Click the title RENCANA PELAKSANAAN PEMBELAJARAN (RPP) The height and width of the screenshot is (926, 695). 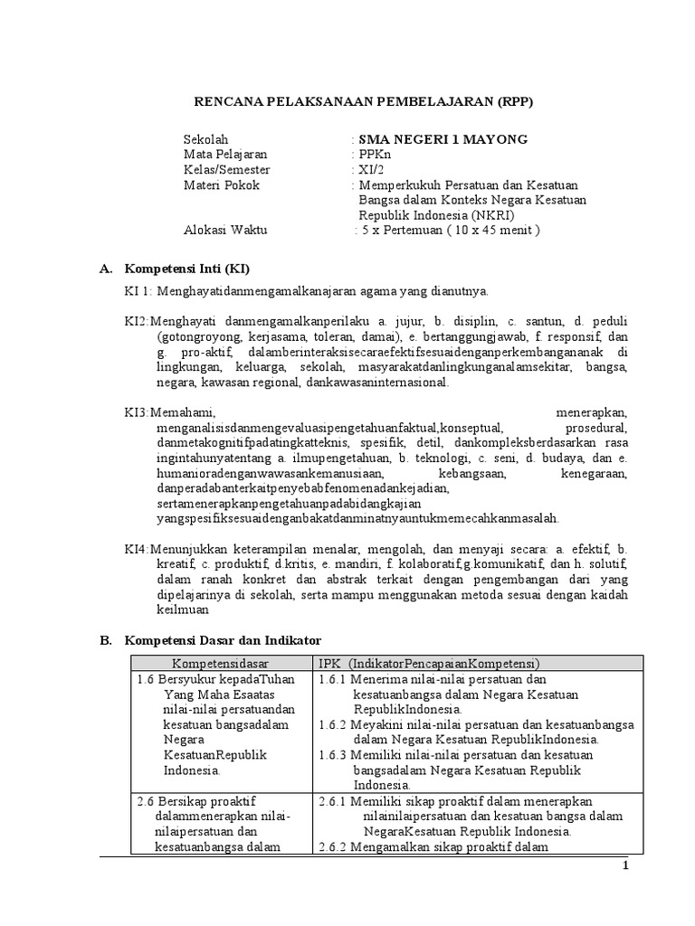click(x=365, y=101)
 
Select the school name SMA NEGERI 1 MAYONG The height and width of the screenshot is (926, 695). click(x=443, y=139)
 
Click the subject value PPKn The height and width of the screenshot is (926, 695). click(x=375, y=155)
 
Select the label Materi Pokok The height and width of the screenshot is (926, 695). click(x=221, y=185)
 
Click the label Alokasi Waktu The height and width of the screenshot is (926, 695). click(x=224, y=230)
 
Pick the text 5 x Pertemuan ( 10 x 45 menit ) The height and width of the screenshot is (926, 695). click(x=449, y=230)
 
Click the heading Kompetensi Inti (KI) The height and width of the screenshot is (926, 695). click(x=186, y=269)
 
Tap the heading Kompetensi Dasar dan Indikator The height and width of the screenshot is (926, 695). click(x=222, y=640)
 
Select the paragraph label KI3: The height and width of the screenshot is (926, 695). click(x=138, y=411)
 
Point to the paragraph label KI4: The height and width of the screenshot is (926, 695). click(x=138, y=548)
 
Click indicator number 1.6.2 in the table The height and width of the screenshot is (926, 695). click(x=336, y=724)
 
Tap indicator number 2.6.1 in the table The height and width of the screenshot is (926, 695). click(x=336, y=801)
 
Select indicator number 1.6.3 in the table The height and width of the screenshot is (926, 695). click(x=336, y=755)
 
